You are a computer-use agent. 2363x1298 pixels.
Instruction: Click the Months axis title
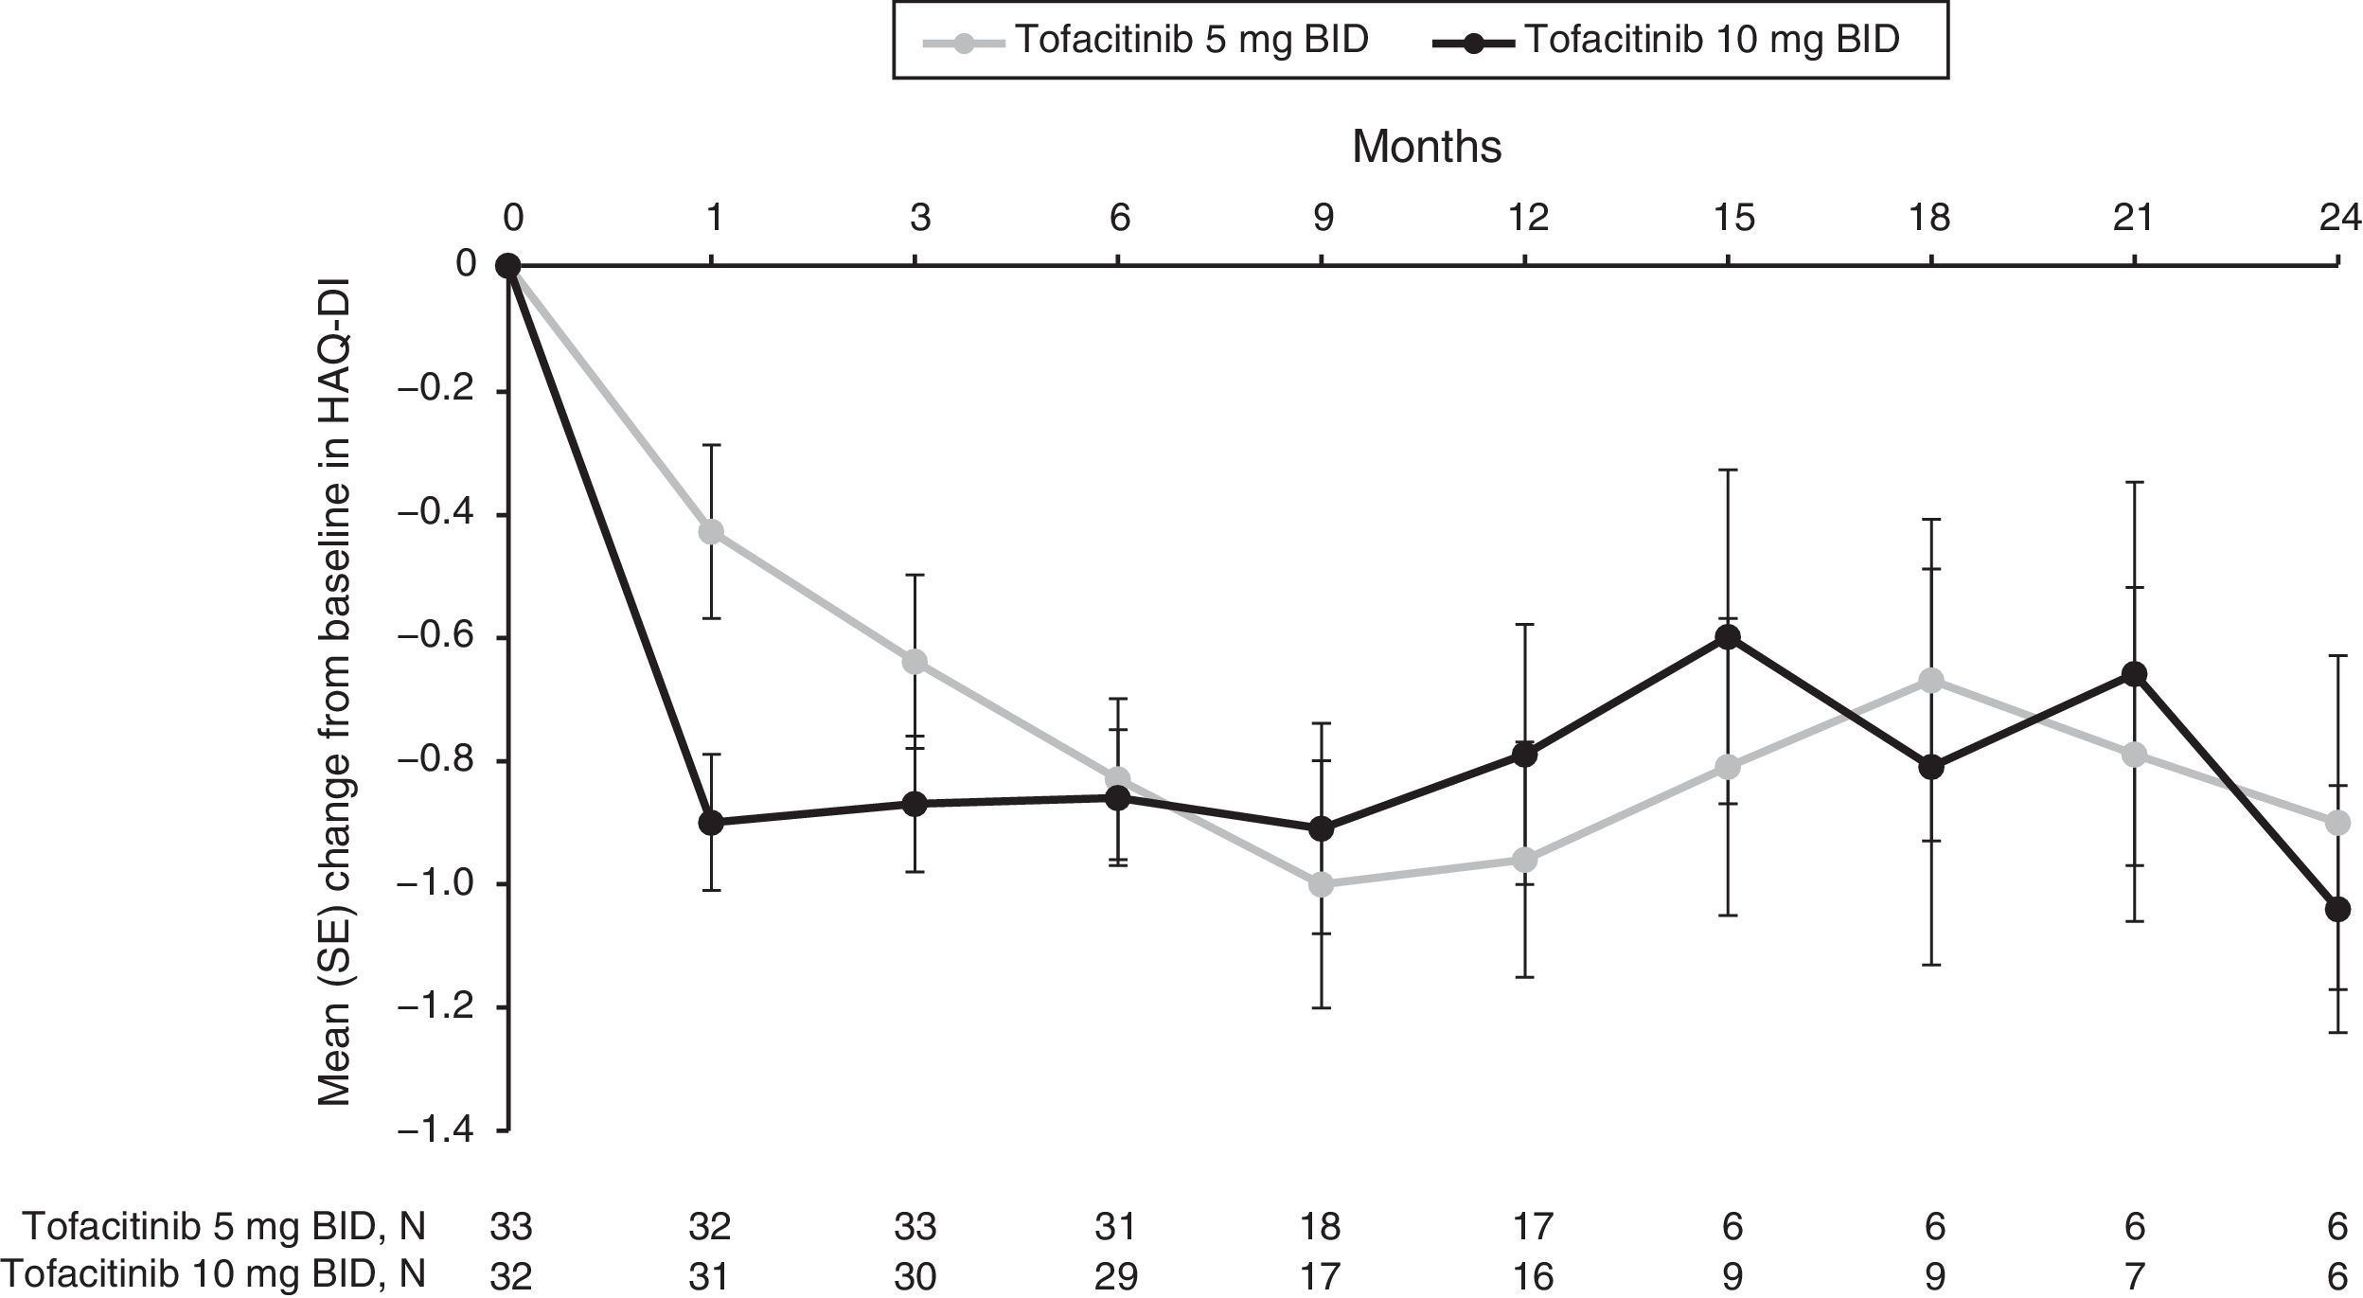pyautogui.click(x=1426, y=147)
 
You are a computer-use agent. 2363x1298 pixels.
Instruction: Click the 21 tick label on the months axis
pyautogui.click(x=2132, y=219)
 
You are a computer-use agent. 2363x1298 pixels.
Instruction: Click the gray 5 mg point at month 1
pyautogui.click(x=712, y=531)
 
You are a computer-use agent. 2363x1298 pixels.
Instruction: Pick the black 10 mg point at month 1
pyautogui.click(x=712, y=822)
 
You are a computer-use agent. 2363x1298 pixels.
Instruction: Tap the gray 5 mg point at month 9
pyautogui.click(x=1323, y=884)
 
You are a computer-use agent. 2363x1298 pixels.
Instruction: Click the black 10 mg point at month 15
pyautogui.click(x=1729, y=636)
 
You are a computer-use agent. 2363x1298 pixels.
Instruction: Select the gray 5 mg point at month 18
pyautogui.click(x=1931, y=680)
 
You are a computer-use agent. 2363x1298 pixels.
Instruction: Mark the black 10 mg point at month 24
pyautogui.click(x=2337, y=910)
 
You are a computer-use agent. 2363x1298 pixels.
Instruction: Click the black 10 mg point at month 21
pyautogui.click(x=2135, y=673)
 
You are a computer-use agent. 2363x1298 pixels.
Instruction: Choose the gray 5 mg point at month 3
pyautogui.click(x=915, y=661)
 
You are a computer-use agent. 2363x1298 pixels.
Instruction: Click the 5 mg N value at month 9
pyautogui.click(x=1321, y=1227)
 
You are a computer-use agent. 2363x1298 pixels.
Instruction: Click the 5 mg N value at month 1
pyautogui.click(x=709, y=1227)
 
